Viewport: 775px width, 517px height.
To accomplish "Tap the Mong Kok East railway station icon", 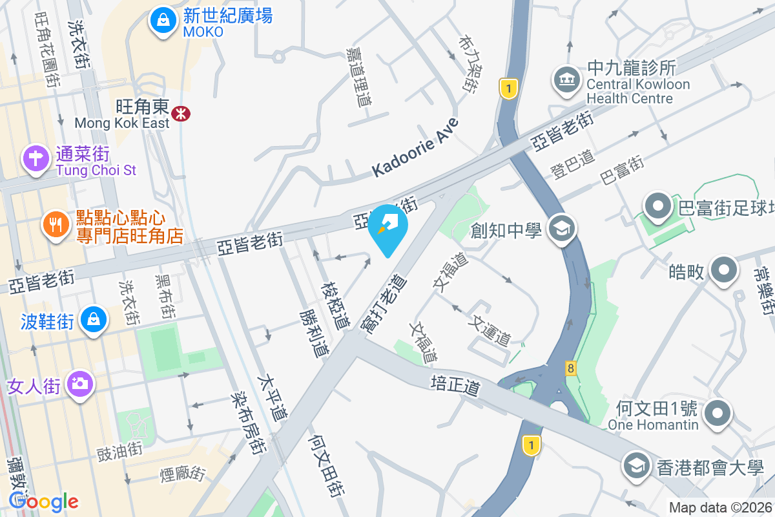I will [181, 114].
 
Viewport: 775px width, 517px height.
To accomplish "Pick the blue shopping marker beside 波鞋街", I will [94, 320].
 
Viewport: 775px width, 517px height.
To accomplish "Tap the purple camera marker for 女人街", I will [80, 385].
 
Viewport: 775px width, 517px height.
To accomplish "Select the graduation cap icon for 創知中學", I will [561, 228].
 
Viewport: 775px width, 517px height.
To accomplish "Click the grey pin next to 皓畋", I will [724, 269].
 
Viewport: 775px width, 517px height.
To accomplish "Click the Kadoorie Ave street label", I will [415, 147].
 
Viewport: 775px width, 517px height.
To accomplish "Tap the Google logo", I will [43, 501].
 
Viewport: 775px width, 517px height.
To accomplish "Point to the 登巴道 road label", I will [573, 169].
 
